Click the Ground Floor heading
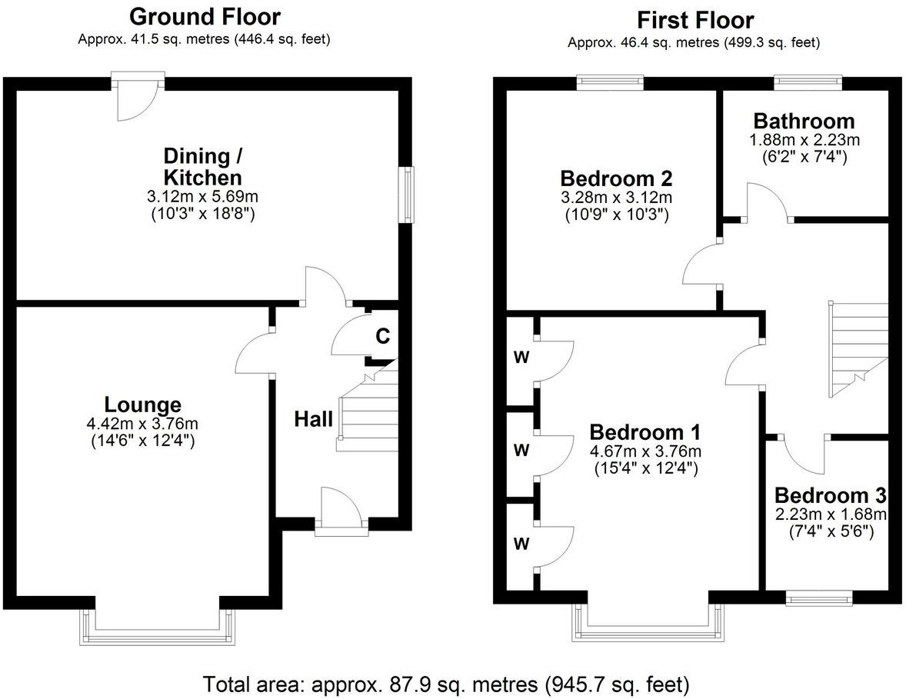click(205, 17)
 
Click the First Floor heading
click(695, 20)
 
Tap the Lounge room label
click(143, 404)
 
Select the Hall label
click(313, 419)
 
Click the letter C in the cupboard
click(382, 335)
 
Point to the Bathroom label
click(804, 121)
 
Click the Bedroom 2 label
click(617, 178)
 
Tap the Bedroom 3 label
click(831, 495)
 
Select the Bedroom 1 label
click(645, 431)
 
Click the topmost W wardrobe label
click(521, 358)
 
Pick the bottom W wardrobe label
click(521, 544)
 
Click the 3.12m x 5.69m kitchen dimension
click(203, 197)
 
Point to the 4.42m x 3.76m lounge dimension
click(142, 424)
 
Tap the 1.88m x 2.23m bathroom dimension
click(804, 140)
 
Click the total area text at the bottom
click(446, 684)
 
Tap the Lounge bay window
click(157, 628)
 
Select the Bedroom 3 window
click(819, 598)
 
